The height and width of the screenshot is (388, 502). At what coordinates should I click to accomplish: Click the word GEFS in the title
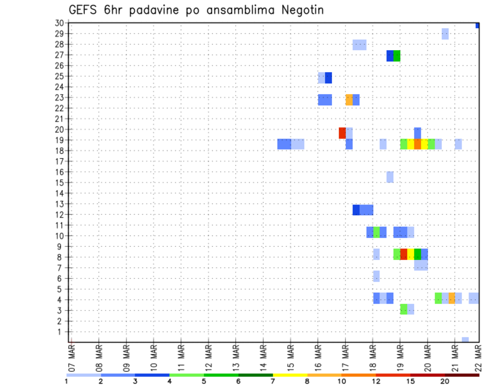[84, 10]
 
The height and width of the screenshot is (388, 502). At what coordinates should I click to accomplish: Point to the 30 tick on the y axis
[59, 23]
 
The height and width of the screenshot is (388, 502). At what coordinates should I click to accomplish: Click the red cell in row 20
[342, 133]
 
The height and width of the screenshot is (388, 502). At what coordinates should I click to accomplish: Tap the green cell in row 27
[397, 56]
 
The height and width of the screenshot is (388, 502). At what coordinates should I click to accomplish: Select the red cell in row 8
[404, 254]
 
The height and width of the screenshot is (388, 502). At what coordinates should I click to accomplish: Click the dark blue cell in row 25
[328, 78]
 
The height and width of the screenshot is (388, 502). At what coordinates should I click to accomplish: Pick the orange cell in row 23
[349, 99]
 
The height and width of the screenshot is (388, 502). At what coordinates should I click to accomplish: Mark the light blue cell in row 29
[445, 33]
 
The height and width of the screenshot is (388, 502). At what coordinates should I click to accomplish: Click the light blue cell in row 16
[390, 177]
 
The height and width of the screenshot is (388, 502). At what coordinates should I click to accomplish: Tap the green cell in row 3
[404, 309]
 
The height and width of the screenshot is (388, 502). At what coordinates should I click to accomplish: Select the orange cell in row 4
[452, 298]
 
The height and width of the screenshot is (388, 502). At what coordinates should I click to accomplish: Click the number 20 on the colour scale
[444, 381]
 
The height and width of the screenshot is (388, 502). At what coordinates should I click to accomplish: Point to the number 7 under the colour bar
[272, 381]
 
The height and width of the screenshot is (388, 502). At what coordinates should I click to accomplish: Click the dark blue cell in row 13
[356, 210]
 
